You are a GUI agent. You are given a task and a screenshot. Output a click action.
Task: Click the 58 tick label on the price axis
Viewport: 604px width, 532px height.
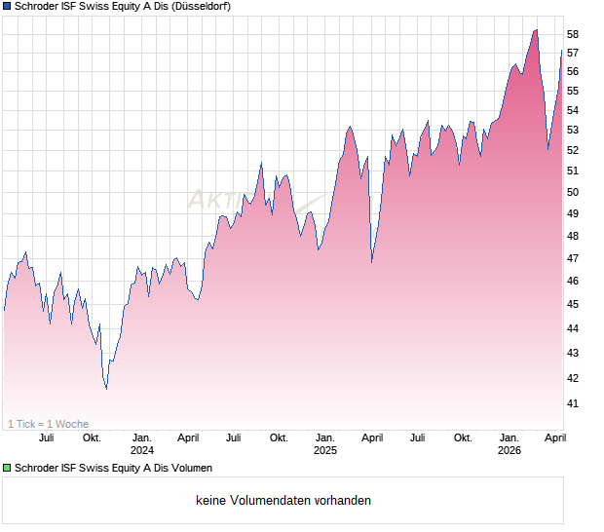click(573, 34)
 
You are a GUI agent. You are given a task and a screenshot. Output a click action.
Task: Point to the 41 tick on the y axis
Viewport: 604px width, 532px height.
click(573, 403)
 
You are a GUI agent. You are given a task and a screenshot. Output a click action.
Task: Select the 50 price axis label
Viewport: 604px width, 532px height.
click(573, 192)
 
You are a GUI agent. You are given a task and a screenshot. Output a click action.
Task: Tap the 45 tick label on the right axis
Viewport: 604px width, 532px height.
click(573, 305)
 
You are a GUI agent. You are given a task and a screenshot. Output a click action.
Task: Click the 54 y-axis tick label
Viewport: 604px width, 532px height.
click(573, 110)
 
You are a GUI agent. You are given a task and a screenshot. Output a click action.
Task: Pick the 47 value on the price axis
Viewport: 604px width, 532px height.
click(573, 258)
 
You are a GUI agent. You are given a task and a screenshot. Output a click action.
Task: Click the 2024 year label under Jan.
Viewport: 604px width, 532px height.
click(142, 450)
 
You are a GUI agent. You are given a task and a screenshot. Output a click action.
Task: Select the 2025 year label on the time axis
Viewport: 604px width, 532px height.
click(325, 450)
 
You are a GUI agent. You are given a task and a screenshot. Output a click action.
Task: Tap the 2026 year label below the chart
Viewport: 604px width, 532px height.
click(510, 450)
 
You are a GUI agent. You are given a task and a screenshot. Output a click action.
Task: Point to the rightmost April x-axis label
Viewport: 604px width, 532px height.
click(554, 437)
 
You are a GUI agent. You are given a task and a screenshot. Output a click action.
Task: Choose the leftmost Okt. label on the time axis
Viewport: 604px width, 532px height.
click(93, 437)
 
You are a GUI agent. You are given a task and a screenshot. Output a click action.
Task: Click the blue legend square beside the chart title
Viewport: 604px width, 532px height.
click(7, 7)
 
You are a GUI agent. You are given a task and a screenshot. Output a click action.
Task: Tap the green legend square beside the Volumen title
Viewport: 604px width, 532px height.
click(7, 469)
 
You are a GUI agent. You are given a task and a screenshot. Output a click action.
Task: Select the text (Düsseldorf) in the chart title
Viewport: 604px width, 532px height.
click(199, 7)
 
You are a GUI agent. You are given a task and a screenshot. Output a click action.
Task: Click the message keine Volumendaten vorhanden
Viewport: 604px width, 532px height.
click(283, 501)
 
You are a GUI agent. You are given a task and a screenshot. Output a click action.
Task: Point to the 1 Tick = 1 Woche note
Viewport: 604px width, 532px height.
click(49, 424)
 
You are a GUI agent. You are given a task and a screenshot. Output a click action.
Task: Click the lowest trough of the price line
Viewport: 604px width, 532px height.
click(106, 389)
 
